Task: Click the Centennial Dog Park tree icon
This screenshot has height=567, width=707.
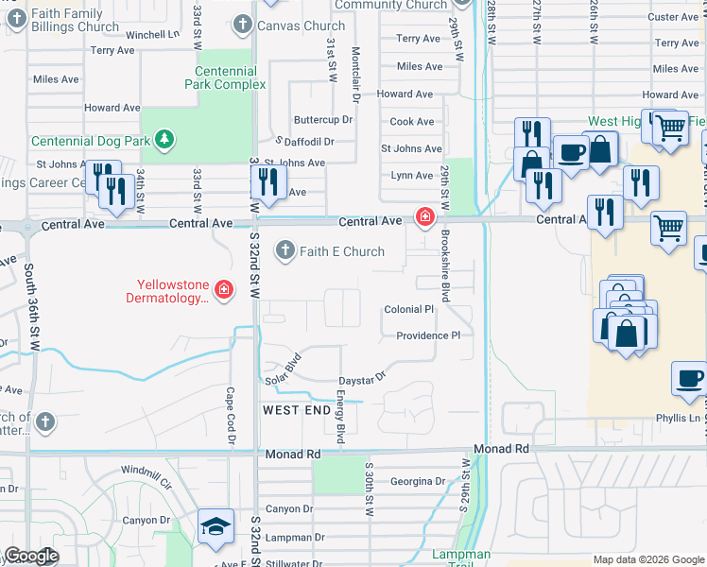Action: pyautogui.click(x=165, y=140)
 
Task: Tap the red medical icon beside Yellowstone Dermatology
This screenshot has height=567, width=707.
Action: pyautogui.click(x=224, y=289)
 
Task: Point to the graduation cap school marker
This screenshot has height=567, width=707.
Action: pyautogui.click(x=216, y=527)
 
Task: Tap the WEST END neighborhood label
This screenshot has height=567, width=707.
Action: pyautogui.click(x=296, y=410)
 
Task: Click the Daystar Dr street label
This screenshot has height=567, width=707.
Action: pyautogui.click(x=363, y=376)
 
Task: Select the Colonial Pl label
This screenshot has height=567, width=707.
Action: pyautogui.click(x=408, y=309)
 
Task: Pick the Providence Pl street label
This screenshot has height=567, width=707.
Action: pyautogui.click(x=427, y=335)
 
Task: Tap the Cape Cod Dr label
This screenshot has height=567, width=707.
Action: pyautogui.click(x=230, y=416)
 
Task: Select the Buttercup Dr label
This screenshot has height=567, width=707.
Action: pyautogui.click(x=322, y=120)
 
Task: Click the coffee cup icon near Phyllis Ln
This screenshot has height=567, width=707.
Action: pyautogui.click(x=688, y=379)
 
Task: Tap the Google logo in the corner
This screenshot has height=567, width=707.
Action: pyautogui.click(x=31, y=556)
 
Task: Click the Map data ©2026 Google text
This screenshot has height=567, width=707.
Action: pyautogui.click(x=647, y=559)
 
